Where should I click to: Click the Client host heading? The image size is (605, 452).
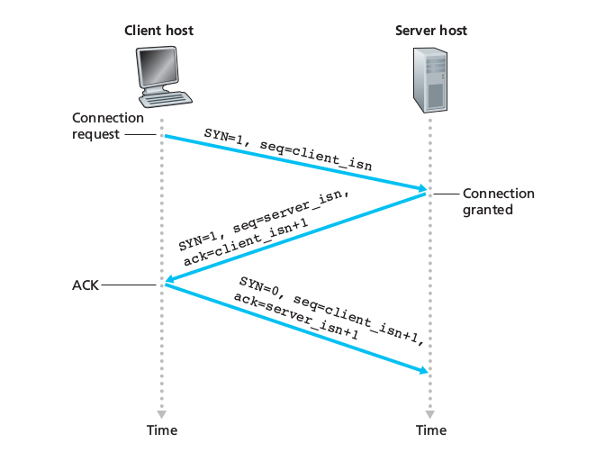[x=158, y=32]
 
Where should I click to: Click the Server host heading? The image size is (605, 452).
[x=431, y=32]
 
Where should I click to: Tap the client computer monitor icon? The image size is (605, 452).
[x=163, y=71]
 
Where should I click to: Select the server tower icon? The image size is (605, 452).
[x=431, y=78]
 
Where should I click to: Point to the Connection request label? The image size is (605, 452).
[x=108, y=126]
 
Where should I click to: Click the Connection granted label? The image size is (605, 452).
[x=499, y=202]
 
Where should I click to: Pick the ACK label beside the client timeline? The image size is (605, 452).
[x=86, y=285]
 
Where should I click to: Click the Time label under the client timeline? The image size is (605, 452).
[x=162, y=429]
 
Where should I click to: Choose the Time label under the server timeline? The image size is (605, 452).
[x=431, y=429]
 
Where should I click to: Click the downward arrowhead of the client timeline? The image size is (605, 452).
[x=163, y=412]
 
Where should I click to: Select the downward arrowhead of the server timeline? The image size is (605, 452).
[x=431, y=412]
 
